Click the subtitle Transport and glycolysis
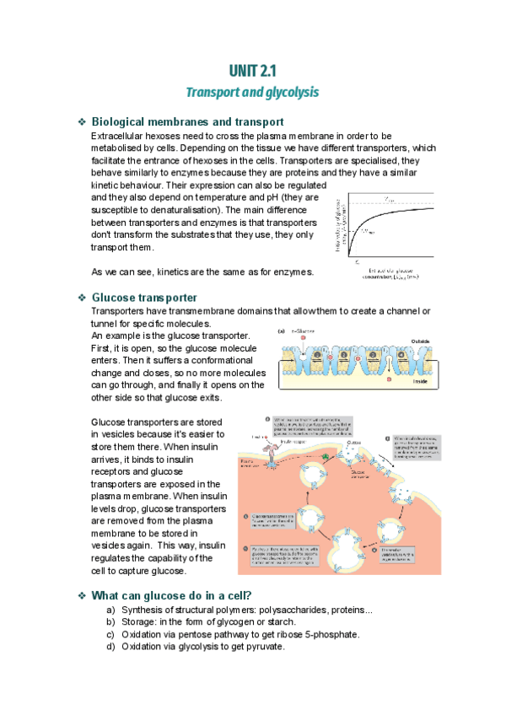click(x=252, y=91)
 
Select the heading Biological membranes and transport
click(x=186, y=122)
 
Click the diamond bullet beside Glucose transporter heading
click(x=81, y=298)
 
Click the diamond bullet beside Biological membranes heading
click(x=81, y=122)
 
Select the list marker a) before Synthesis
click(x=110, y=610)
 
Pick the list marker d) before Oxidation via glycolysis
click(x=110, y=647)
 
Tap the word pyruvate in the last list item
click(x=266, y=647)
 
